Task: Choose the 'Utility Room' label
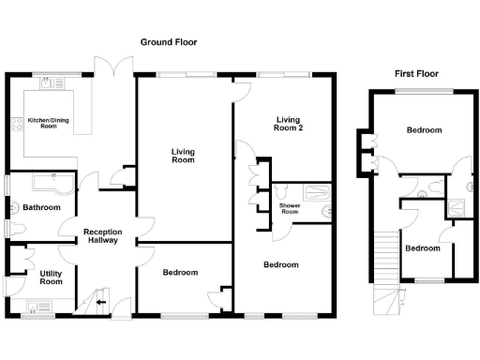click(51, 277)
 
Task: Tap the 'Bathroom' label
click(41, 207)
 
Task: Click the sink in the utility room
click(41, 304)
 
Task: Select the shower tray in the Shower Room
click(319, 208)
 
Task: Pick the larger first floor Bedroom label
click(423, 130)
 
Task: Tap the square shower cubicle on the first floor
click(457, 208)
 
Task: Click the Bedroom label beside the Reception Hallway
click(180, 273)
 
